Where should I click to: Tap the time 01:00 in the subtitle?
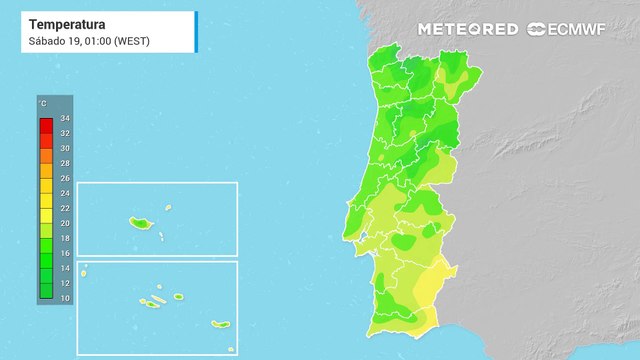point(98,40)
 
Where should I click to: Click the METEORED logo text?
point(468,29)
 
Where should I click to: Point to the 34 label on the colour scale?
point(65,118)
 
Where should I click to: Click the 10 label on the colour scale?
point(65,299)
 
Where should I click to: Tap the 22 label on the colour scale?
point(65,208)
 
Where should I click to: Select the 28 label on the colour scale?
point(65,163)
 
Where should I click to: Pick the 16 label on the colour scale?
point(65,254)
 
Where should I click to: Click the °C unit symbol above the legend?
point(43,104)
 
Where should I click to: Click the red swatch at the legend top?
point(46,125)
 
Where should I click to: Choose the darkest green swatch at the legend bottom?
point(46,291)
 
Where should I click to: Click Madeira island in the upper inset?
point(138,222)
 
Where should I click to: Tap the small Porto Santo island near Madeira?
point(168,209)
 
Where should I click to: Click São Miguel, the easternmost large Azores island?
point(220,324)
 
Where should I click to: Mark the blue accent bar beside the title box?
point(196,31)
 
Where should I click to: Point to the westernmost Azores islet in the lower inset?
point(85,267)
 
